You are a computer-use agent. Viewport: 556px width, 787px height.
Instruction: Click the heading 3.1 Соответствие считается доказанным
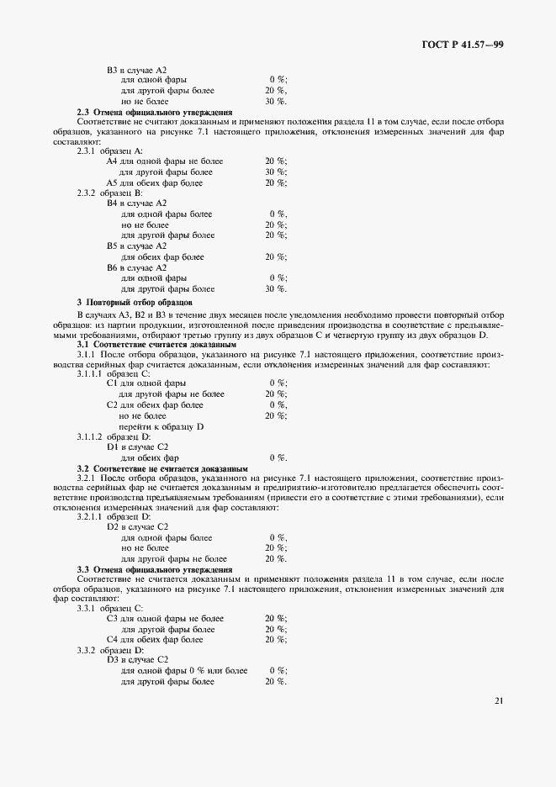click(156, 345)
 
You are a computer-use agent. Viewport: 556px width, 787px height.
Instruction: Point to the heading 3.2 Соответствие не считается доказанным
click(162, 468)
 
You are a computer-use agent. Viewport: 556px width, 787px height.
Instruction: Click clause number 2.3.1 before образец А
click(87, 151)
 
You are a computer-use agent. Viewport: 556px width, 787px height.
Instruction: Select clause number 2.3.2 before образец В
click(87, 193)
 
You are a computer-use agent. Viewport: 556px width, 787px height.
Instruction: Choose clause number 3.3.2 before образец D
click(87, 650)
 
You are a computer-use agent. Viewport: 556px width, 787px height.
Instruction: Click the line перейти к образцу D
click(162, 426)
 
